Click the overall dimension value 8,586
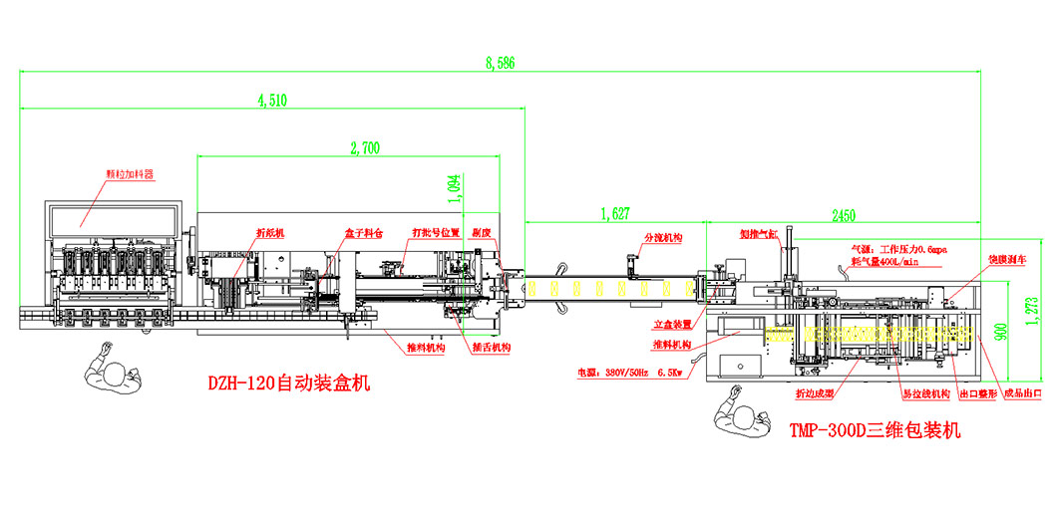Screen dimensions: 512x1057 coord(500,64)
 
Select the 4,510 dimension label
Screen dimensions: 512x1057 coord(272,99)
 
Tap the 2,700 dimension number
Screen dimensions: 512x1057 coord(364,148)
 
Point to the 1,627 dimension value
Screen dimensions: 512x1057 coord(615,212)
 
